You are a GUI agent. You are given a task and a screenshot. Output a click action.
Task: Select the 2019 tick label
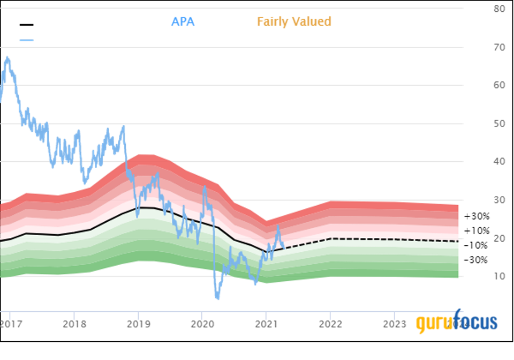[x=138, y=325]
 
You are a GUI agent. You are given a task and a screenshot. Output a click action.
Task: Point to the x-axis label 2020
[x=202, y=325]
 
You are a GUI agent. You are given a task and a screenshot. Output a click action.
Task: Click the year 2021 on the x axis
[x=266, y=325]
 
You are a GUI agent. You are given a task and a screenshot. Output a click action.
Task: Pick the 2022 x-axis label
[x=330, y=325]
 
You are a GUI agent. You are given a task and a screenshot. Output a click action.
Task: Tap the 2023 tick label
[x=394, y=325]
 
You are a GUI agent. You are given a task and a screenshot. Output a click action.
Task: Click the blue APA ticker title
[x=183, y=22]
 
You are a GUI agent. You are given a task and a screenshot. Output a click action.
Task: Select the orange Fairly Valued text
[x=294, y=22]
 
